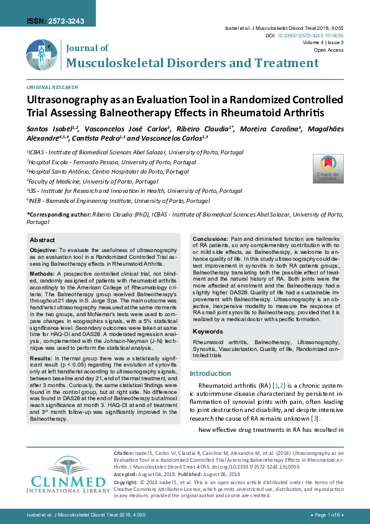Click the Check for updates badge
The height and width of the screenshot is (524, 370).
coord(328,168)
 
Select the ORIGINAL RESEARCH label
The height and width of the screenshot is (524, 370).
coord(53,88)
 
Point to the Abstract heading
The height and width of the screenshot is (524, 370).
coord(42,240)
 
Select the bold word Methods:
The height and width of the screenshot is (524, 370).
coord(42,273)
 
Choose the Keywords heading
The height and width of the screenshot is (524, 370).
coord(208,332)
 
